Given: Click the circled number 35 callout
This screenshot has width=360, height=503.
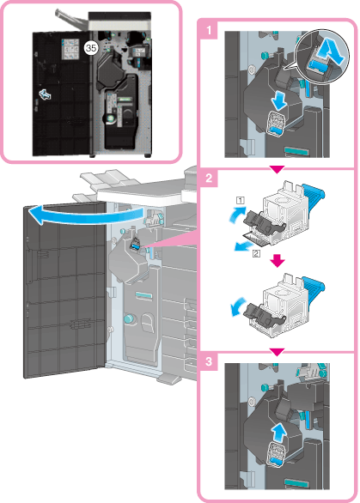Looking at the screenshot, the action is pos(91,48).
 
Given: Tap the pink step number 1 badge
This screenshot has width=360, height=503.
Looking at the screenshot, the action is pos(209,30).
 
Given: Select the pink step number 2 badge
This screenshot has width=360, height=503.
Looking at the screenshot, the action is pos(209,178).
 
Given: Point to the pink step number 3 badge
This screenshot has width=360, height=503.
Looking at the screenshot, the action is pos(209,361).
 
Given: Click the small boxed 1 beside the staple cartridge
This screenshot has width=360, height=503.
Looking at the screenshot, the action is pos(241,201).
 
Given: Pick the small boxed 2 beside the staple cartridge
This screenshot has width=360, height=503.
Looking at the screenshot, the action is pos(256,254).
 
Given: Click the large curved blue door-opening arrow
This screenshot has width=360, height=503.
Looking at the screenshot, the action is pos(85,215).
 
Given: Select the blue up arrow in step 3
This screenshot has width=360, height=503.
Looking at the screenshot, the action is pos(278,433).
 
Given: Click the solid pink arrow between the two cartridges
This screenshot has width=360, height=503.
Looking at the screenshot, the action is pos(278,261).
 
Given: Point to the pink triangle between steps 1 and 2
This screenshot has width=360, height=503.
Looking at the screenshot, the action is pos(278,169).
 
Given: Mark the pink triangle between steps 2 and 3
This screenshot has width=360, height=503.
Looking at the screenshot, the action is pos(278,353).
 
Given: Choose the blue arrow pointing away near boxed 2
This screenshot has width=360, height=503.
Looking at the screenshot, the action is pos(242,246).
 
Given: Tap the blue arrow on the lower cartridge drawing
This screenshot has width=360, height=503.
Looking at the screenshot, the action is pos(237,307).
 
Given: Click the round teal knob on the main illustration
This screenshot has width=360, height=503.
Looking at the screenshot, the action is pos(129,318).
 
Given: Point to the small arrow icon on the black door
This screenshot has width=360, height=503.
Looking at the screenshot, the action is pos(45,94).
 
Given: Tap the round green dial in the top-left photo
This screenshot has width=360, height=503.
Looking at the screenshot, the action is pos(111,118).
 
